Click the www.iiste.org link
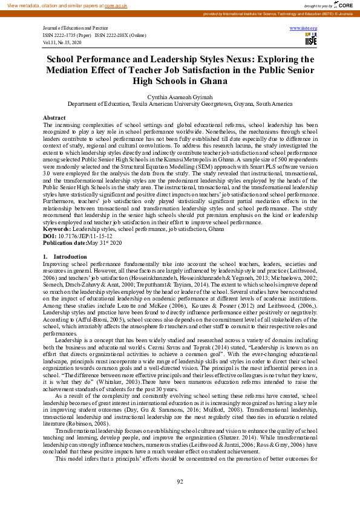[304, 28]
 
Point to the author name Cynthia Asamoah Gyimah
[180, 96]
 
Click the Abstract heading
[54, 117]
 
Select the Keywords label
[57, 230]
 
